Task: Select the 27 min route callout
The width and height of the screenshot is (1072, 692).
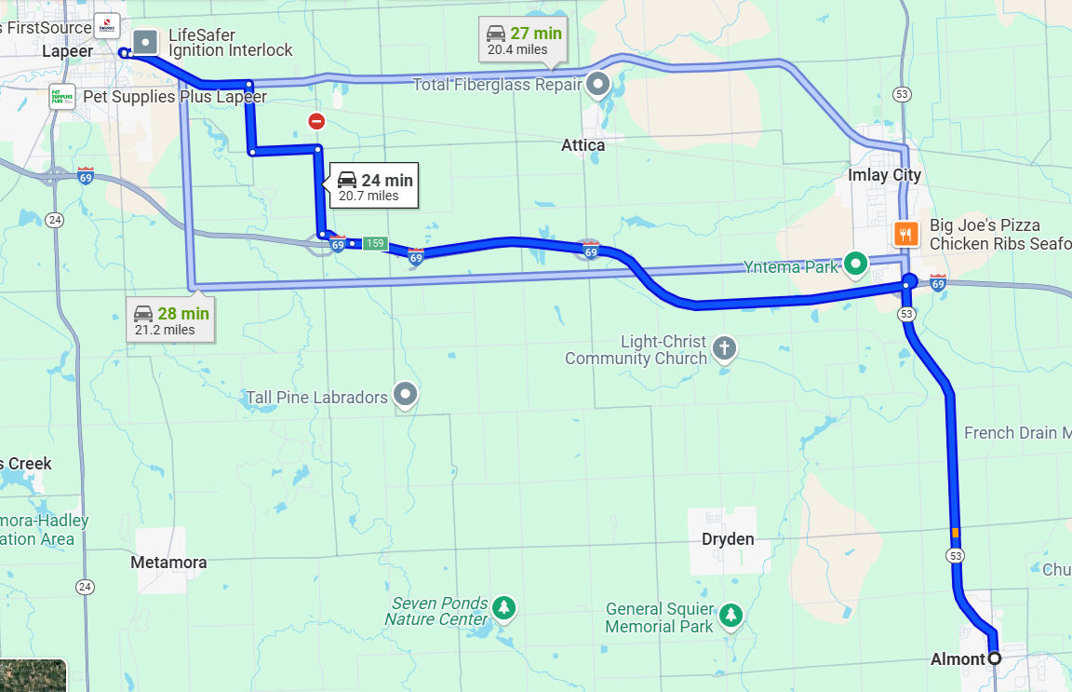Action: [524, 40]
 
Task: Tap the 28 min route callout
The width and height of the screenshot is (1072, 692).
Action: [172, 320]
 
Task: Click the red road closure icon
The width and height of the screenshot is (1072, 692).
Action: [316, 121]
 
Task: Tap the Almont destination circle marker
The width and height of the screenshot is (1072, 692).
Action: [994, 658]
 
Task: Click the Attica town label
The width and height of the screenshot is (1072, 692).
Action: [583, 145]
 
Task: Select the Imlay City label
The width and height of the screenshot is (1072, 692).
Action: [884, 175]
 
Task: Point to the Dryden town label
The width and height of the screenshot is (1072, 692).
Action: [728, 539]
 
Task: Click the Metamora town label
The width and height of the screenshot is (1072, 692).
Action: [168, 563]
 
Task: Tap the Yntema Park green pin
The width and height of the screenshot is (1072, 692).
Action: [855, 264]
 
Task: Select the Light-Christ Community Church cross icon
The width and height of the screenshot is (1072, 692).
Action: [724, 349]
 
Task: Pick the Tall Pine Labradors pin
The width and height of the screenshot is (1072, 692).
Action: [405, 395]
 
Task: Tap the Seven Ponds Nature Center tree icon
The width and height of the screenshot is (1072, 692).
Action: [504, 608]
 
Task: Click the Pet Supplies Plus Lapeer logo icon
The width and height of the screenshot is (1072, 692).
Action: [62, 97]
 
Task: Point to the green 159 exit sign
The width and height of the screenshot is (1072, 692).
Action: [374, 244]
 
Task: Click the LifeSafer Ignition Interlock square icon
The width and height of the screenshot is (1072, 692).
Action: [145, 41]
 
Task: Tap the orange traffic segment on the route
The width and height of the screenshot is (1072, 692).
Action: [955, 533]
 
